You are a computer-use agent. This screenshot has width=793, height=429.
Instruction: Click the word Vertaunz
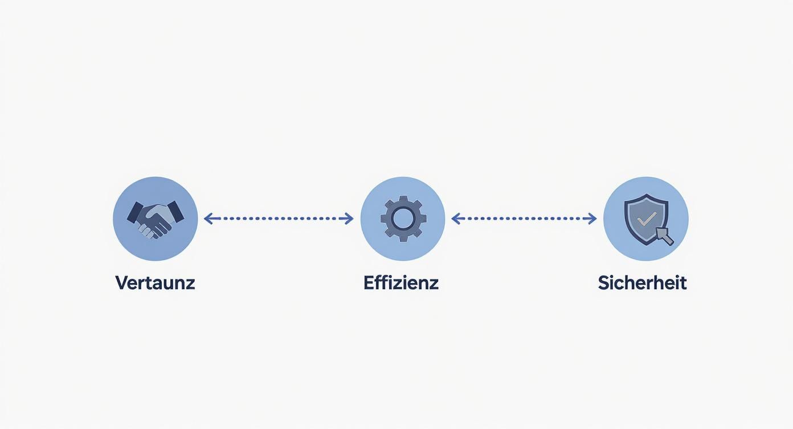click(x=155, y=282)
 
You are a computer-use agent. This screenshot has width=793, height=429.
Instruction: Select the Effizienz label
click(x=401, y=282)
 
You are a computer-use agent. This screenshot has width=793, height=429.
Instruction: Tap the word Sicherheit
click(x=642, y=282)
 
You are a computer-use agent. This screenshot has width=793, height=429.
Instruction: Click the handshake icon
click(x=155, y=218)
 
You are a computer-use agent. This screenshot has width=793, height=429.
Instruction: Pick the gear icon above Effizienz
click(x=403, y=218)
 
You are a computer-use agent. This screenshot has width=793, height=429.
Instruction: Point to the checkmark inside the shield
click(x=646, y=218)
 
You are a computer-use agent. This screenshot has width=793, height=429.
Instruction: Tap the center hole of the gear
click(x=403, y=218)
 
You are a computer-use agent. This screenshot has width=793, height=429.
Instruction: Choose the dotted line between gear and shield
click(x=524, y=218)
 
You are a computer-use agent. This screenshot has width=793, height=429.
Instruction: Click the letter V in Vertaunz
click(x=121, y=282)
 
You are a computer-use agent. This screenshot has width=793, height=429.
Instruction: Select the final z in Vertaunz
click(x=190, y=284)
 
